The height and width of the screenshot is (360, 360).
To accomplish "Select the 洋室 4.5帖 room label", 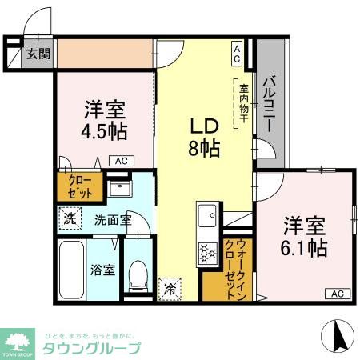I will [105, 119].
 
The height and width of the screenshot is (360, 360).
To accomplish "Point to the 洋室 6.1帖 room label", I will [302, 237].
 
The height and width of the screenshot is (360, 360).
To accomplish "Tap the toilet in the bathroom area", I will [139, 276].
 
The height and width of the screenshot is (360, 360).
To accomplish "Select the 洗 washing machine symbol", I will [69, 218].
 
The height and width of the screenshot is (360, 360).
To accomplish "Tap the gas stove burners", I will [209, 253].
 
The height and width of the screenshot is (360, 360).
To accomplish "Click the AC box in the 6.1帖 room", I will [337, 294].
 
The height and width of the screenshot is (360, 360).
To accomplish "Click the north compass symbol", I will [336, 335].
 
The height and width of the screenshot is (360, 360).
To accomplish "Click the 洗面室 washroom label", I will [113, 218].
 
